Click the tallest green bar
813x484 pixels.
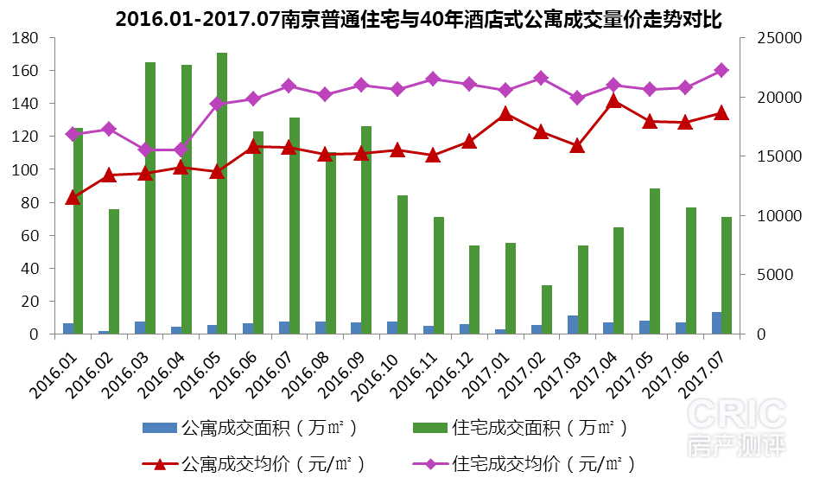pos(222,193)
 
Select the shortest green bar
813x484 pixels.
pos(546,309)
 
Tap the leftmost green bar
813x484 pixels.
pos(79,231)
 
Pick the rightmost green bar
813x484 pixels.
pos(727,275)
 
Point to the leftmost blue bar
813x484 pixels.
pos(68,328)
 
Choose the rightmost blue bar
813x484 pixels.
pos(716,322)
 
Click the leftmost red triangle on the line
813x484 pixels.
pos(73,198)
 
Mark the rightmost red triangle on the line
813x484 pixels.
pos(721,112)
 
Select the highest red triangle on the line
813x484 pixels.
pos(613,100)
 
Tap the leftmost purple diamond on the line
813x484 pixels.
pos(73,134)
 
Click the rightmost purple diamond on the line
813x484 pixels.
pos(721,70)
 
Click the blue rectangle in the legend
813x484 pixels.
pos(160,428)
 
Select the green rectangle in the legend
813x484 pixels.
pos(430,428)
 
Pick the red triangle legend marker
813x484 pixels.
pos(160,464)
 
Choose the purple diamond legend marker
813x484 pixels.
pos(430,464)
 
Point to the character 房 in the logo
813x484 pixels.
pos(700,446)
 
